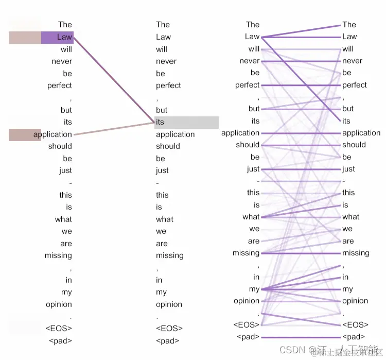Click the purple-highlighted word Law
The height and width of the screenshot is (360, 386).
click(64, 37)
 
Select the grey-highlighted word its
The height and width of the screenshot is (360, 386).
click(160, 122)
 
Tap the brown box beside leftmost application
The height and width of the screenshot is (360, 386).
click(25, 134)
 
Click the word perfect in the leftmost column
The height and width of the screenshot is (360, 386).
click(60, 85)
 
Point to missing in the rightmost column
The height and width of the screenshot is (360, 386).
click(356, 253)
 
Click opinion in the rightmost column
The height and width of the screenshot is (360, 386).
click(355, 301)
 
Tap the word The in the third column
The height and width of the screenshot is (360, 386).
click(253, 24)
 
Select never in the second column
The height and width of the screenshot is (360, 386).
click(166, 61)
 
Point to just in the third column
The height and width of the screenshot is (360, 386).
click(253, 169)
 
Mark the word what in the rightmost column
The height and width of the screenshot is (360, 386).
click(351, 217)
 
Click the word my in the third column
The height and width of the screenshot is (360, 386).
click(254, 289)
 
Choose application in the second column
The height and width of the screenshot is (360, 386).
click(176, 134)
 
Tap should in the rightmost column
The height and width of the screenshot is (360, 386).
click(354, 145)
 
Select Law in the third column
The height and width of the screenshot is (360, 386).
click(252, 37)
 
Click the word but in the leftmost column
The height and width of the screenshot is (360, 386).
click(66, 110)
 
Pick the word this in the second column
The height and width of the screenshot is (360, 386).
click(162, 195)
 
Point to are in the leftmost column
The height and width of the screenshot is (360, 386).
click(66, 244)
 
